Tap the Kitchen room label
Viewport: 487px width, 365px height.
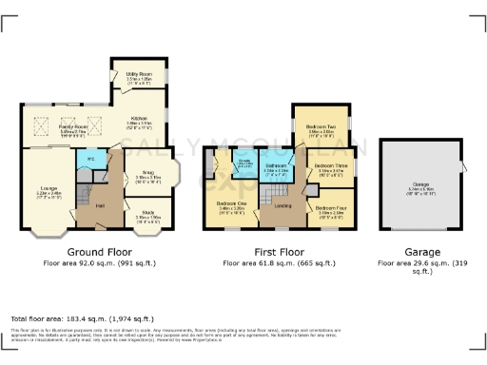(x=140, y=120)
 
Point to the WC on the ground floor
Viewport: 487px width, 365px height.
(x=90, y=159)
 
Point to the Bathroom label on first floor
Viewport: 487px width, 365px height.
(x=276, y=166)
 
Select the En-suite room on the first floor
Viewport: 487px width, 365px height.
(x=243, y=163)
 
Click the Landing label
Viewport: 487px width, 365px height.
(x=282, y=204)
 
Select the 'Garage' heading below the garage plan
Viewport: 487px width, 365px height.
(x=421, y=252)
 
